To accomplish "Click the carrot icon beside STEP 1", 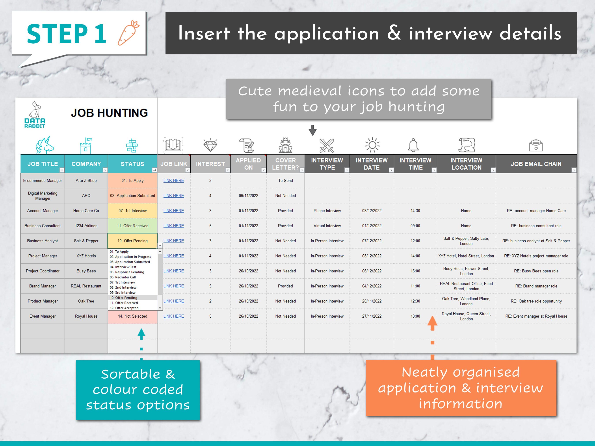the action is [128, 33].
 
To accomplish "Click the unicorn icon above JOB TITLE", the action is [45, 145].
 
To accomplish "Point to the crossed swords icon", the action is [327, 145].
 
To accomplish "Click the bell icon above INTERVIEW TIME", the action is [413, 145].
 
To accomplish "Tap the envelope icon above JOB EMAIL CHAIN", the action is [536, 145].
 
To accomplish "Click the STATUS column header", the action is [132, 164].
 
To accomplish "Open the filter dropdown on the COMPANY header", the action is [105, 170].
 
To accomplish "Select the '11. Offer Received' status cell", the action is [132, 226].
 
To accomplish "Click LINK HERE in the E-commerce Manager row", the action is [173, 181].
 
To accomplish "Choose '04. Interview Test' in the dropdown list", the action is [123, 267].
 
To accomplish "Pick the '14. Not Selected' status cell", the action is [132, 316].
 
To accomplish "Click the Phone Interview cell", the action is [327, 211].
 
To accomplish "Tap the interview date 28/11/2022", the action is [372, 301].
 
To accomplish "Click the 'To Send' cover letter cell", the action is [285, 181].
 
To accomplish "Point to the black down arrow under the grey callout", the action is [312, 130].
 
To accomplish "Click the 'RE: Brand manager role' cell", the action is [536, 286].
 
